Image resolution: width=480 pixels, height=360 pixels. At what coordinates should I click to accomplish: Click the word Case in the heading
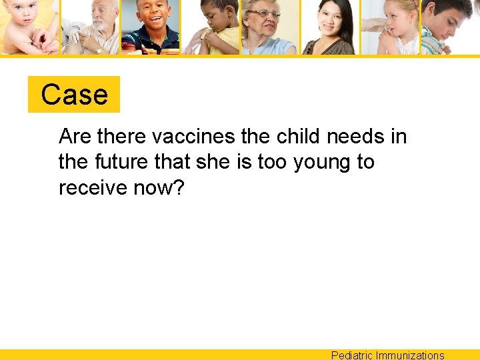(74, 95)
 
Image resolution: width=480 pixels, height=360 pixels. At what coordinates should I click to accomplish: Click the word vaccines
(194, 137)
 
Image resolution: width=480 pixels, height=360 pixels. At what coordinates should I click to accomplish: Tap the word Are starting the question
(75, 137)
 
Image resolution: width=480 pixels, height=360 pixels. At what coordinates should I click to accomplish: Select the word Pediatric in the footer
(352, 355)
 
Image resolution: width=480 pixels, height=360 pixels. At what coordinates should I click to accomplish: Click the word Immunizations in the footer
(410, 355)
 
